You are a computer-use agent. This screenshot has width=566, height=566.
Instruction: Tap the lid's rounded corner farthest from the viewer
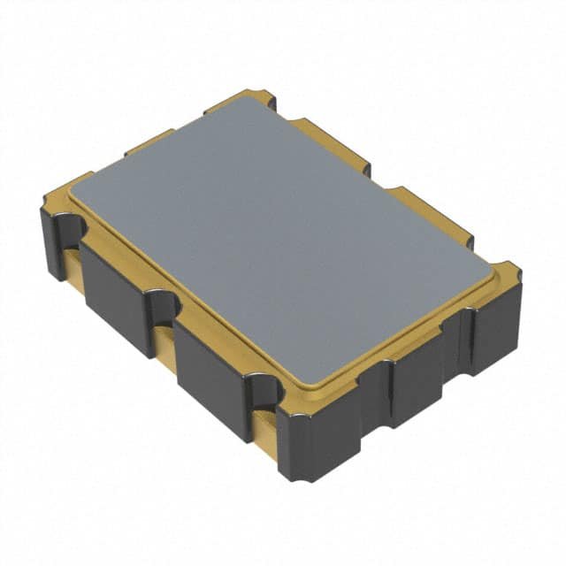[256, 100]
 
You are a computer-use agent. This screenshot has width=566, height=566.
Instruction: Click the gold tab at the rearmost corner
[248, 96]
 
